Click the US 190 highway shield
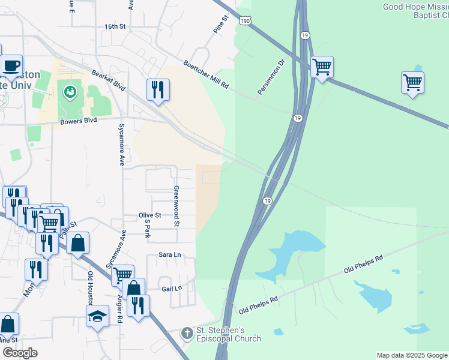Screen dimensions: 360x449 point(244,20)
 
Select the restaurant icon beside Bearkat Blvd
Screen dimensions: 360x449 point(158,89)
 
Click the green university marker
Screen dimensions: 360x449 point(70,93)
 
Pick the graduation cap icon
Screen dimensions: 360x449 point(97,316)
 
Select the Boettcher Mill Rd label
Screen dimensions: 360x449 point(206,75)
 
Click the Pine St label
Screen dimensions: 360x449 point(221,25)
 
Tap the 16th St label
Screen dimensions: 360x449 point(114,27)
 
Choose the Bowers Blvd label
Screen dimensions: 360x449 point(79,121)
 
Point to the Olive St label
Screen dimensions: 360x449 point(150,215)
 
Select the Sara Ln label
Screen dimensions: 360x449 point(169,254)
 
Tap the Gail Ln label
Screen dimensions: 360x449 point(171,289)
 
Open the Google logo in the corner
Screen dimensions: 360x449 point(20,353)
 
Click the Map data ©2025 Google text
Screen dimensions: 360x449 point(411,355)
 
